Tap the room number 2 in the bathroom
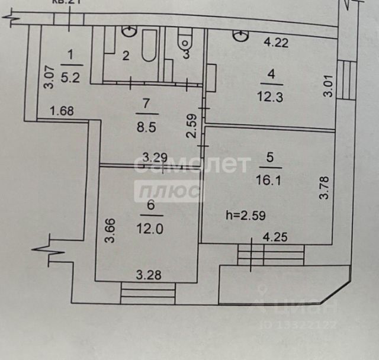click(126, 56)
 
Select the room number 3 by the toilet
click(185, 56)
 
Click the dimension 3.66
click(109, 231)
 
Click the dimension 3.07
click(49, 76)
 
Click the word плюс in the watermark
click(169, 191)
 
